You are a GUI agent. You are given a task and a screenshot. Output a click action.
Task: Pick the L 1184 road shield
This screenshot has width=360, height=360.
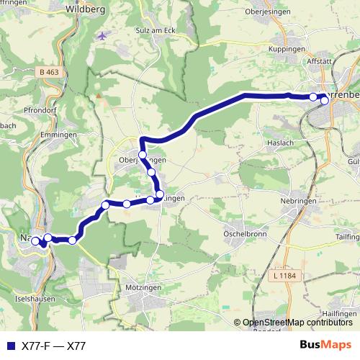(x=286, y=276)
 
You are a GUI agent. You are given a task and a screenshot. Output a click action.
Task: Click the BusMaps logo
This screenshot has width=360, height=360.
(x=325, y=346)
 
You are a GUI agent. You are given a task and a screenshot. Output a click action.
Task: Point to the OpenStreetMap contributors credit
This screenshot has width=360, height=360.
(x=297, y=323)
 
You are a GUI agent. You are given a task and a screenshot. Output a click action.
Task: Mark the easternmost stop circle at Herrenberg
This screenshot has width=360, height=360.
(x=325, y=100)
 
